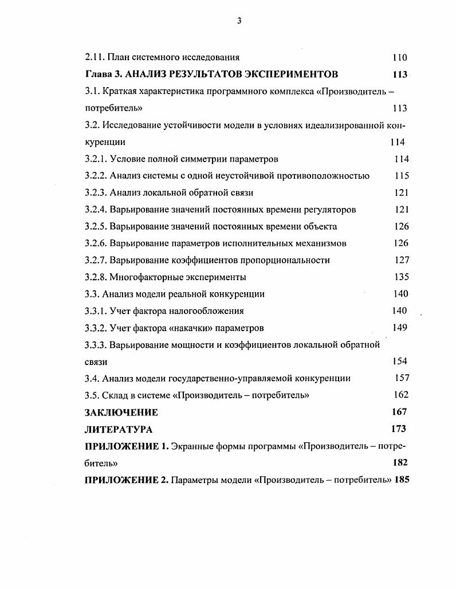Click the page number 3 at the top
[x=239, y=21]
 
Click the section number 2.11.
[x=95, y=57]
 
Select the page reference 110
[x=399, y=57]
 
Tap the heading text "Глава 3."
[x=103, y=74]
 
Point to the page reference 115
[x=402, y=176]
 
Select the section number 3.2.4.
[x=96, y=210]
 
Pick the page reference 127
[x=402, y=260]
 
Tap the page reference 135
[x=402, y=277]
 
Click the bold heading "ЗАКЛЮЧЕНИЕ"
[x=121, y=413]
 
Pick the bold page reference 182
[x=399, y=462]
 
